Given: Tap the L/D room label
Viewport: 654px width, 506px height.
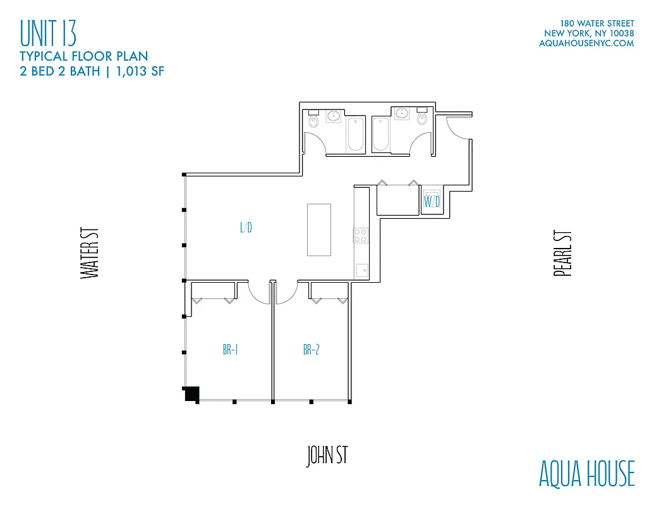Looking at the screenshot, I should [x=246, y=228].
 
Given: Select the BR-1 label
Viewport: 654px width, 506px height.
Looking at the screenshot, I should [x=230, y=350].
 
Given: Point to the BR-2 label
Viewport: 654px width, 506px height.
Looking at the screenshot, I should [x=311, y=350].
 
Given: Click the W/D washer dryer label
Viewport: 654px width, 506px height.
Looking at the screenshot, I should [x=432, y=202].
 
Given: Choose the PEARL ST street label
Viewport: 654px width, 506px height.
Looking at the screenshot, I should [x=562, y=253].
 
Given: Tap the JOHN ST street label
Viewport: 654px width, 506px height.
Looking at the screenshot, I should [x=327, y=456].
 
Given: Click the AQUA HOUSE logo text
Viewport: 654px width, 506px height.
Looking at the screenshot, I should [x=586, y=474].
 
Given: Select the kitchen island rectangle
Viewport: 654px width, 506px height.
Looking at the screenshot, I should [x=319, y=229].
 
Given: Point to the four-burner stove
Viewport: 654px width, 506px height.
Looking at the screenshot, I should [x=360, y=235].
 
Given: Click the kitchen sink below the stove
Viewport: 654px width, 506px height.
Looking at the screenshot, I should [x=361, y=271].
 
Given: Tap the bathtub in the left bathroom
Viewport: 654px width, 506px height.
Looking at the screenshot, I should [x=355, y=134].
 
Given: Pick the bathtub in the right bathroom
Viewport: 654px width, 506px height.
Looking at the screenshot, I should [x=380, y=134].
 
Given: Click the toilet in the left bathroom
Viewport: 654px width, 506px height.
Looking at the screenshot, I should [x=313, y=120].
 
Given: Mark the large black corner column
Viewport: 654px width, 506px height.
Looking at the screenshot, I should [x=191, y=393].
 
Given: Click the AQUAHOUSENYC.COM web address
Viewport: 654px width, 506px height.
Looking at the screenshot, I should [x=586, y=44].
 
